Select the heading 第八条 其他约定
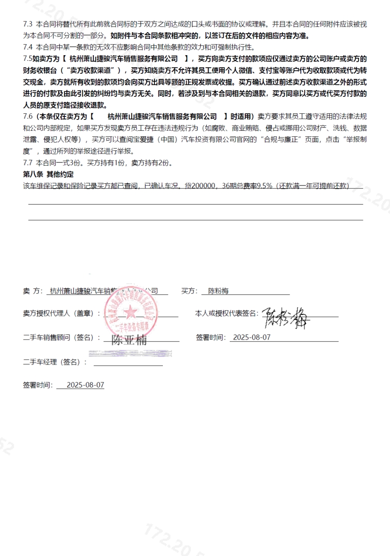tap(48, 174)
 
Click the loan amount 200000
tap(205, 185)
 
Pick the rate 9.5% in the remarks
tap(264, 185)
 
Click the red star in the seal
tap(130, 311)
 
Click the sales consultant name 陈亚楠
tap(129, 340)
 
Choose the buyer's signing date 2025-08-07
tap(251, 337)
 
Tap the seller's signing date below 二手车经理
tap(86, 385)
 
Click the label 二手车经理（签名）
tap(55, 362)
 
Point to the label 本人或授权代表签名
tap(227, 313)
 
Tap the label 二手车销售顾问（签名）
tap(62, 338)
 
